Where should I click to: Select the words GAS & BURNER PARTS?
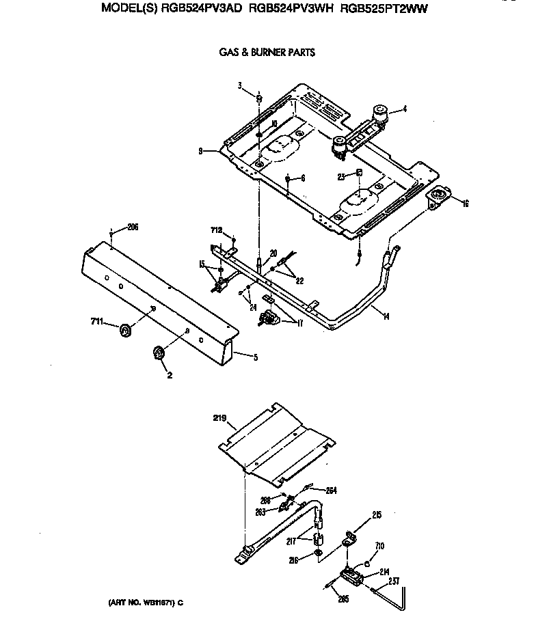(x=267, y=52)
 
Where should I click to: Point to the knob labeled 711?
(x=125, y=331)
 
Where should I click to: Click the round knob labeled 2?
(x=159, y=353)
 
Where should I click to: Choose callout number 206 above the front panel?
(x=132, y=227)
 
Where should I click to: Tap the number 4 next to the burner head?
(x=405, y=108)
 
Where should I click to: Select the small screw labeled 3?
(x=259, y=99)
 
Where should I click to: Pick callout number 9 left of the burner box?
(x=200, y=152)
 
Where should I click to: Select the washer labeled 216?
(x=318, y=553)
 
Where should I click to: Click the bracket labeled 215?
(x=349, y=539)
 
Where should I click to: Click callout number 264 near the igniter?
(x=331, y=490)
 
